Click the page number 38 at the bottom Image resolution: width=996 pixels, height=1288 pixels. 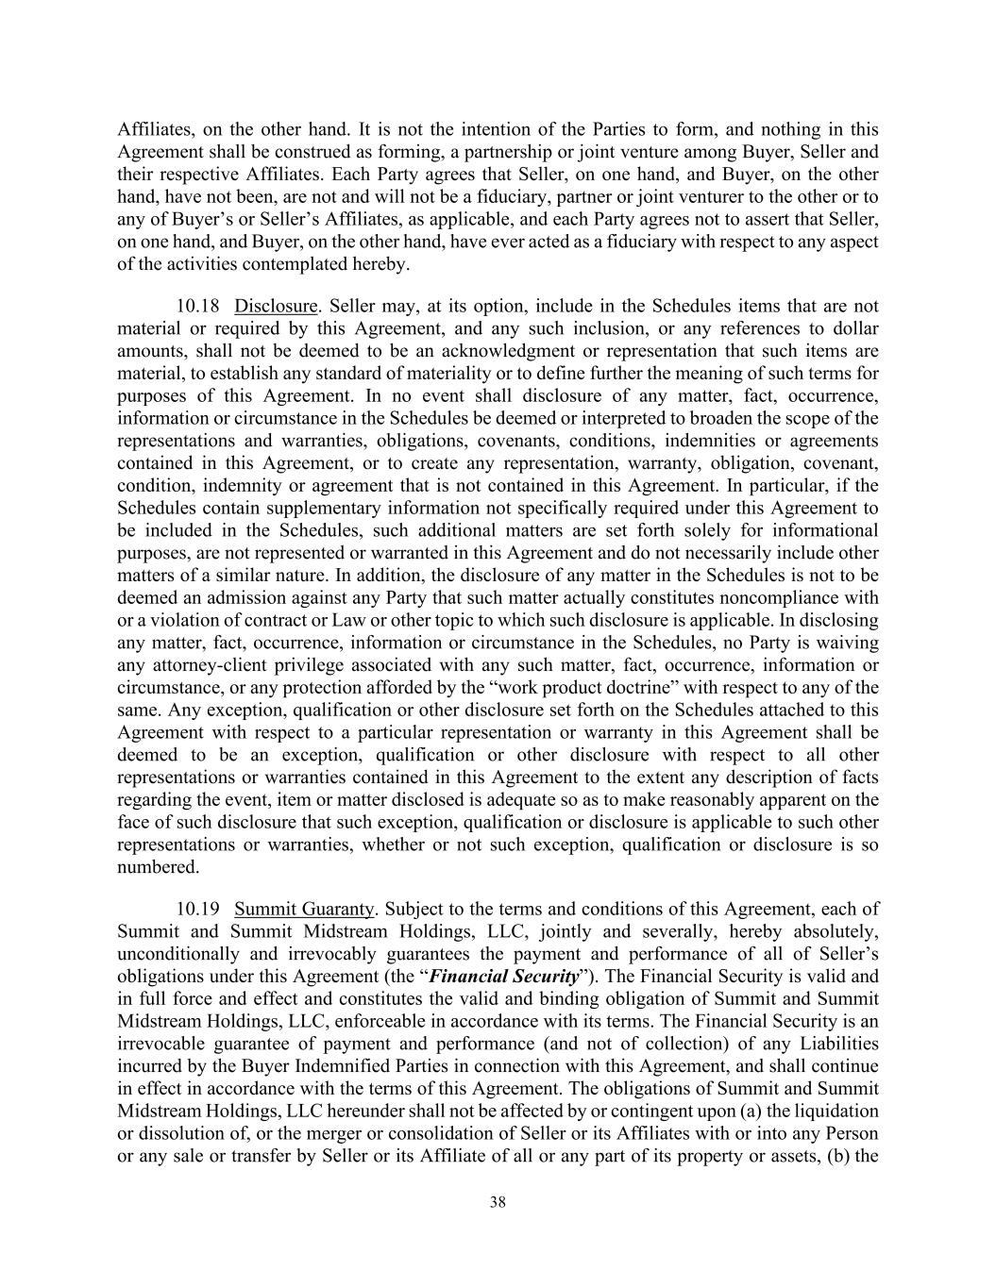pyautogui.click(x=498, y=1202)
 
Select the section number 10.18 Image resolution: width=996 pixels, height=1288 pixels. pyautogui.click(x=198, y=306)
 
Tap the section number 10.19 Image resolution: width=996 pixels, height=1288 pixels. pyautogui.click(x=198, y=909)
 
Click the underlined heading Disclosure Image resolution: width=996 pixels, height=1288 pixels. pyautogui.click(x=276, y=306)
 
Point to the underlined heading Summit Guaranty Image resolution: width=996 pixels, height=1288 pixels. pyautogui.click(x=305, y=909)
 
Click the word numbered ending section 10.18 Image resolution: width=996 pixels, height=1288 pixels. pyautogui.click(x=158, y=867)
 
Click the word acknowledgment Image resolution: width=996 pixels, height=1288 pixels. pyautogui.click(x=513, y=351)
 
